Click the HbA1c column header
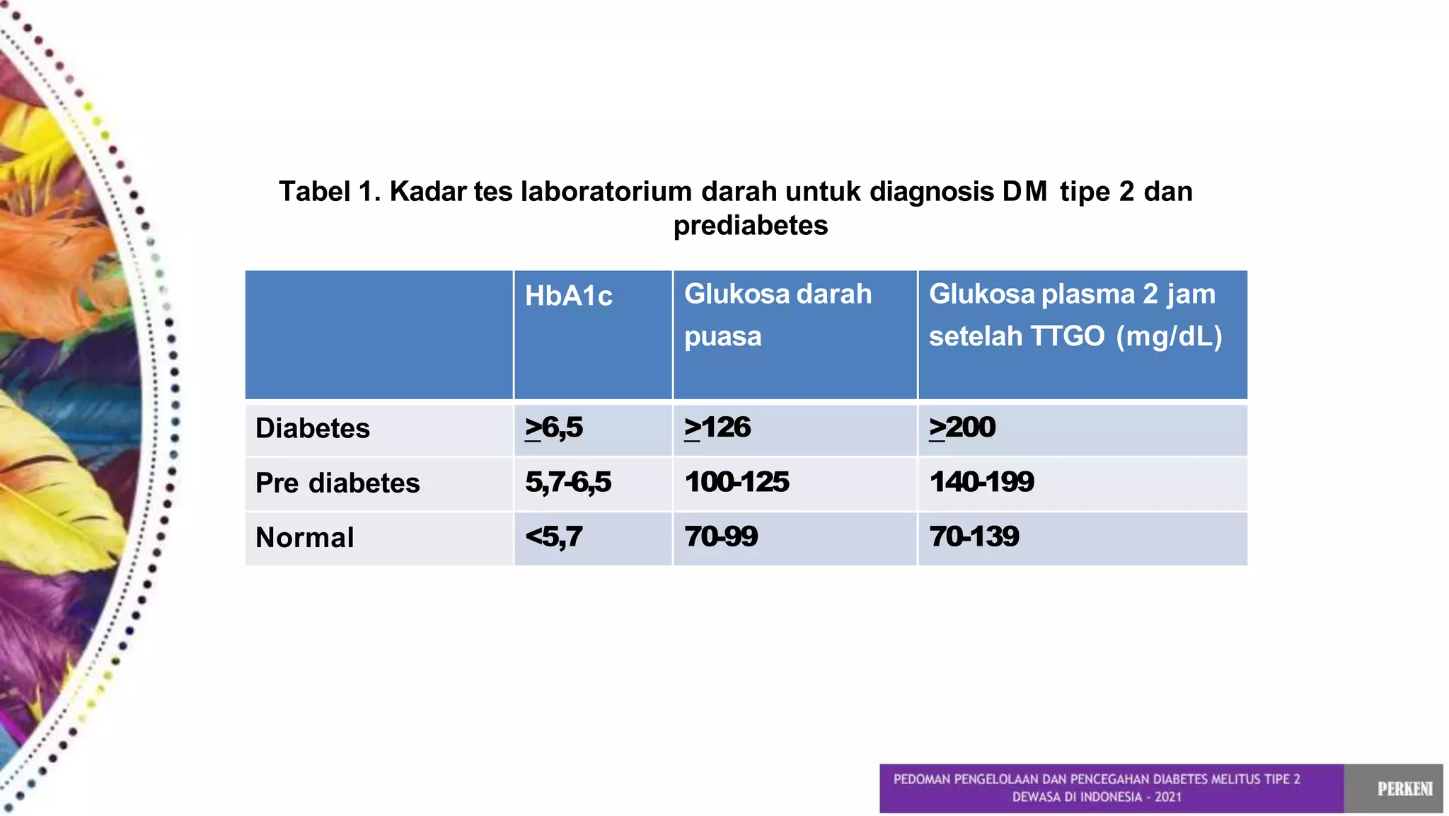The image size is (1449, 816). [568, 296]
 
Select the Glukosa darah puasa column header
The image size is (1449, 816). [778, 315]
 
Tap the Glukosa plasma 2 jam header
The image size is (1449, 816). [1075, 315]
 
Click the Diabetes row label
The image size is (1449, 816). [312, 428]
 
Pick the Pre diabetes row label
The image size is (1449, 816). [337, 483]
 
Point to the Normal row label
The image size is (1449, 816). [304, 537]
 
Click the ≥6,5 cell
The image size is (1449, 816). [553, 427]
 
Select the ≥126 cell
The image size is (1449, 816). [717, 427]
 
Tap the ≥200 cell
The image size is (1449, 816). [962, 427]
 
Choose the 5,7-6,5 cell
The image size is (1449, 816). [567, 482]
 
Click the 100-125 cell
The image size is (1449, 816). [736, 482]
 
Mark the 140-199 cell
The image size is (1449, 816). [981, 482]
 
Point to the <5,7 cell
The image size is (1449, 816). [553, 536]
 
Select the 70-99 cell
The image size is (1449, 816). [720, 536]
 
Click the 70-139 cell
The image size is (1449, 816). [974, 536]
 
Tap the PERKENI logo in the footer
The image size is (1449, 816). [1404, 788]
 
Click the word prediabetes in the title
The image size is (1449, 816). [750, 225]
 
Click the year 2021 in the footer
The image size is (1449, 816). [1168, 797]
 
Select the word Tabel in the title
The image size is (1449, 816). [314, 191]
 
